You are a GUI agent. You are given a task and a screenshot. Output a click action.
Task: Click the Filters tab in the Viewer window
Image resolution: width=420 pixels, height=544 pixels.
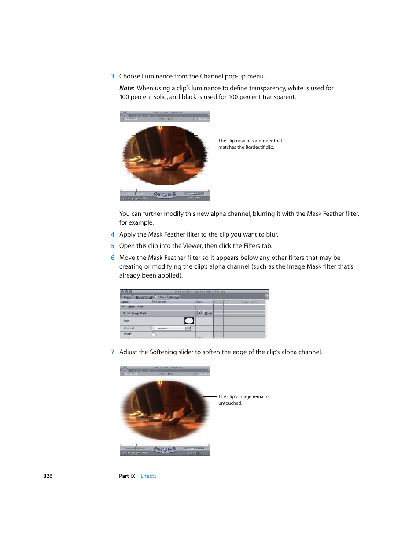point(162,297)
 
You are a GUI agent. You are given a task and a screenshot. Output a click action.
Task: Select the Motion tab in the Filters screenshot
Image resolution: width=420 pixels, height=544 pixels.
point(174,297)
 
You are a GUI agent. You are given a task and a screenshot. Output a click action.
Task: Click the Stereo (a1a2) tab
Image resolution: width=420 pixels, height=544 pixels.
point(144,297)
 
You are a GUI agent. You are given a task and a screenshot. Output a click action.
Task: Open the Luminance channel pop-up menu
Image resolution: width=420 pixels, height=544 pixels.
point(171,328)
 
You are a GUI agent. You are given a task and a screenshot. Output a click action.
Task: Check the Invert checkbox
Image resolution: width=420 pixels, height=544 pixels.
point(154,334)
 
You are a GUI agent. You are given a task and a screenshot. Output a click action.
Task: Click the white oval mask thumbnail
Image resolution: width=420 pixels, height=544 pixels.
point(189,321)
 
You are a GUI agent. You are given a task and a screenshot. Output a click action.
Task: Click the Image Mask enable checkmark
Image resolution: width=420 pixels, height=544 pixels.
point(129,313)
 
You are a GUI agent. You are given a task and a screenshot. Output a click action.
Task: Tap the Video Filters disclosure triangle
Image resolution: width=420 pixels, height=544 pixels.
point(123,307)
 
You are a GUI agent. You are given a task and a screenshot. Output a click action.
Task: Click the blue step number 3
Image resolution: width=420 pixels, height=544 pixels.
point(113,76)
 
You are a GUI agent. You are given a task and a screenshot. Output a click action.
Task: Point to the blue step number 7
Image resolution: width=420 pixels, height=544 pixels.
point(113,352)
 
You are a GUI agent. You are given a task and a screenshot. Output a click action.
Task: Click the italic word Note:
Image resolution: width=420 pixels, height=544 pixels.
point(127,88)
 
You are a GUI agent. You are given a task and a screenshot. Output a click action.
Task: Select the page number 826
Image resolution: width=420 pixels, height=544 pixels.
point(48,476)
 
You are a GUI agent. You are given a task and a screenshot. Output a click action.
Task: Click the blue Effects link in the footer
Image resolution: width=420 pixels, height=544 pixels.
point(148,476)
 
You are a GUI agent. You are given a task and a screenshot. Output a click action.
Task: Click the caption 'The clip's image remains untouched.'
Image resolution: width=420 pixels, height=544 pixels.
point(243,400)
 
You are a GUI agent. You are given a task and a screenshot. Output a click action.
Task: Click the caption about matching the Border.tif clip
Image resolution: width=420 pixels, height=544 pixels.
point(250,144)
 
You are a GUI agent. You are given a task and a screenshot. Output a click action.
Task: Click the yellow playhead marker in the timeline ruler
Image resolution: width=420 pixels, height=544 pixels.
point(224,300)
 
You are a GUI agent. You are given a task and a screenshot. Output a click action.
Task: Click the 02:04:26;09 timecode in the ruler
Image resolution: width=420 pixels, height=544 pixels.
point(250,302)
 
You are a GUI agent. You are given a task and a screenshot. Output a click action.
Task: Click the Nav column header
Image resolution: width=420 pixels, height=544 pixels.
point(199,302)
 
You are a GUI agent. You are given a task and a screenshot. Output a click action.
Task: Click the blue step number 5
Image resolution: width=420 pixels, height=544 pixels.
point(113,246)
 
